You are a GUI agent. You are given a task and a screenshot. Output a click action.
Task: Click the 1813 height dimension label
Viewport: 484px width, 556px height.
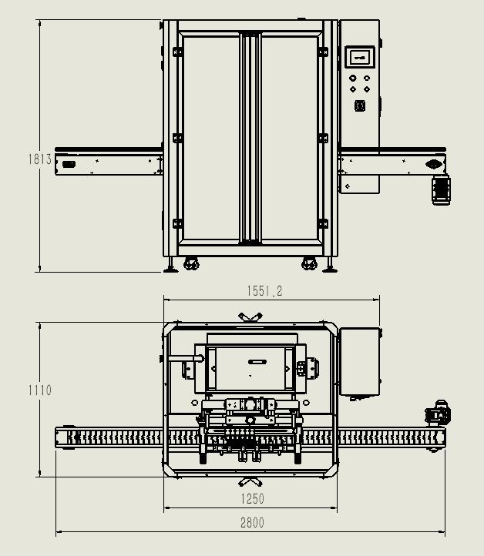pos(40,159)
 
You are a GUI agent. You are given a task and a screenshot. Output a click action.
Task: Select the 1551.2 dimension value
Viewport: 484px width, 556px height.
pos(264,291)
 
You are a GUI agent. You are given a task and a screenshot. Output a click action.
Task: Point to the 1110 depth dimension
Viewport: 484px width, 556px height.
pos(40,390)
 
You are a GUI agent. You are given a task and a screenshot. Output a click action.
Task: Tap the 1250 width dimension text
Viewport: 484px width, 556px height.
pos(252,499)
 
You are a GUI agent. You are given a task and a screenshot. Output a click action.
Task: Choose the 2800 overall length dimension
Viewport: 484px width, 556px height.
pos(252,523)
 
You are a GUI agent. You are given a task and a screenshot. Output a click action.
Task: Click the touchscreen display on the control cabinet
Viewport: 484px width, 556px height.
pos(360,56)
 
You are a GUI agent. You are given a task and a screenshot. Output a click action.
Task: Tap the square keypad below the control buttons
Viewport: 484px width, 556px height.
pos(360,106)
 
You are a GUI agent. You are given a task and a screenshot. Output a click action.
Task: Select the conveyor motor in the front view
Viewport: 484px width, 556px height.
pos(441,189)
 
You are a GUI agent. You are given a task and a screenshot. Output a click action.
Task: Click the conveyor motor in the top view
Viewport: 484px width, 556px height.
pos(439,414)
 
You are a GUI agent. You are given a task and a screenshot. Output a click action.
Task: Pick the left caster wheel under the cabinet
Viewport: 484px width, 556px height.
pos(190,264)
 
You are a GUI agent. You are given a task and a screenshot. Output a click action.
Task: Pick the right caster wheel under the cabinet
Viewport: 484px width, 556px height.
pos(310,264)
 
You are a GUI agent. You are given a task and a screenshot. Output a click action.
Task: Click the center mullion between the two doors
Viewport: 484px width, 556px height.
pos(250,139)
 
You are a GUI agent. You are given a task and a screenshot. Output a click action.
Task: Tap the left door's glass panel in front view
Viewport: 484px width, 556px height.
pos(210,139)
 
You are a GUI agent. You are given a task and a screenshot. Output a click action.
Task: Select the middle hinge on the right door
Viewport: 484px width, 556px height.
pos(323,139)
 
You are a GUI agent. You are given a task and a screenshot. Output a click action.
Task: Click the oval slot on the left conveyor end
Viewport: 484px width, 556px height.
pos(69,164)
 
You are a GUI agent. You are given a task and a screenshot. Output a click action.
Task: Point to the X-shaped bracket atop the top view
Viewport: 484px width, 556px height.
pos(250,317)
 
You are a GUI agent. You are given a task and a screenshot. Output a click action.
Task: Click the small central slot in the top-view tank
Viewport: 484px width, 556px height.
pos(255,360)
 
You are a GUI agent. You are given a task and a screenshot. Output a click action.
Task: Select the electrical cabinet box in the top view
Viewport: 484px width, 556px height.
pos(359,362)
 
